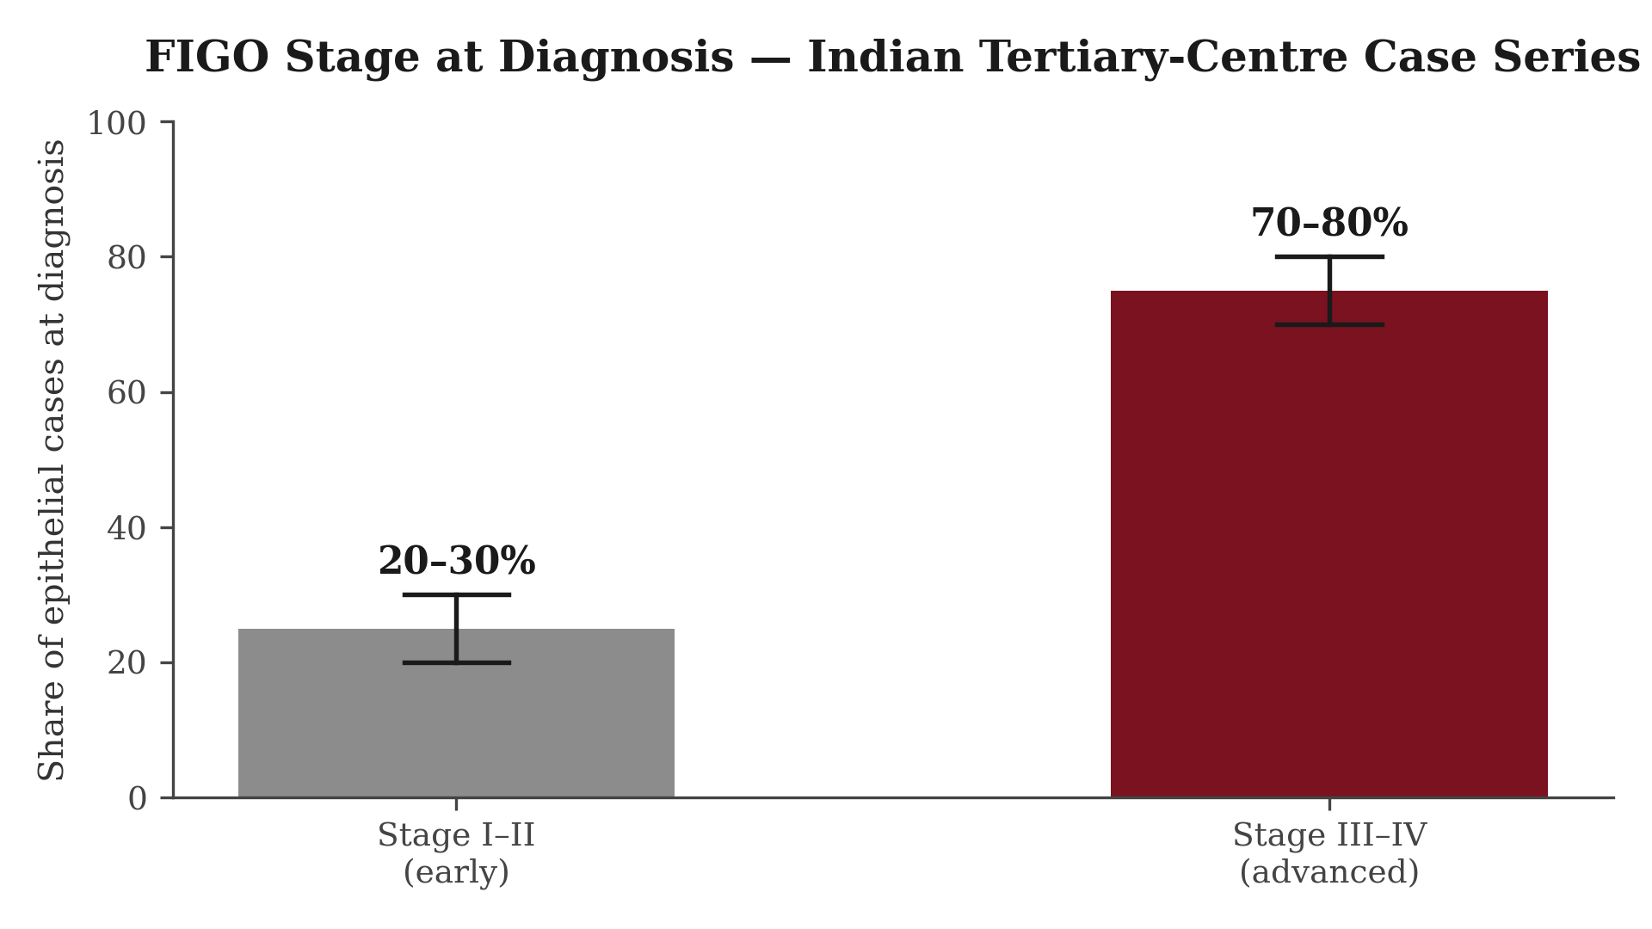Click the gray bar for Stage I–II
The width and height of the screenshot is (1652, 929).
[456, 713]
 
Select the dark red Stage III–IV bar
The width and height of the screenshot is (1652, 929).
[1329, 544]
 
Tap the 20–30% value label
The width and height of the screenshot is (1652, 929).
[457, 562]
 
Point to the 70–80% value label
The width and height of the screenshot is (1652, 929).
[1329, 224]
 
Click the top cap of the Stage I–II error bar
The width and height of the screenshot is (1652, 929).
[456, 594]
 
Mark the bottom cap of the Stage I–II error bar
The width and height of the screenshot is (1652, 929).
[456, 662]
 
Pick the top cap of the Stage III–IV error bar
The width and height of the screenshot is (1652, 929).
[1329, 256]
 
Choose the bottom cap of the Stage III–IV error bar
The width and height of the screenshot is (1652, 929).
[1329, 324]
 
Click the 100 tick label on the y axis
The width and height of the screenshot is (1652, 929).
[116, 123]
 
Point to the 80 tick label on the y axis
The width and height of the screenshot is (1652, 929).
[126, 258]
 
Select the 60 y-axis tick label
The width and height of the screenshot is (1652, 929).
[126, 393]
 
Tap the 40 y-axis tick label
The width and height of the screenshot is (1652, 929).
[126, 528]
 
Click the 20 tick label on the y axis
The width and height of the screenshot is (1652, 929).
[126, 663]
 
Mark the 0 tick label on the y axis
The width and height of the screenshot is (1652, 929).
[137, 799]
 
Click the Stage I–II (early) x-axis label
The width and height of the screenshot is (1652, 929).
[456, 853]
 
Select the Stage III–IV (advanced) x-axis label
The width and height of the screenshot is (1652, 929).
[1329, 853]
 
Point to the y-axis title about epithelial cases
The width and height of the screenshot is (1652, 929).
[52, 460]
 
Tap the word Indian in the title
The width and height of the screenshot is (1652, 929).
[885, 58]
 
